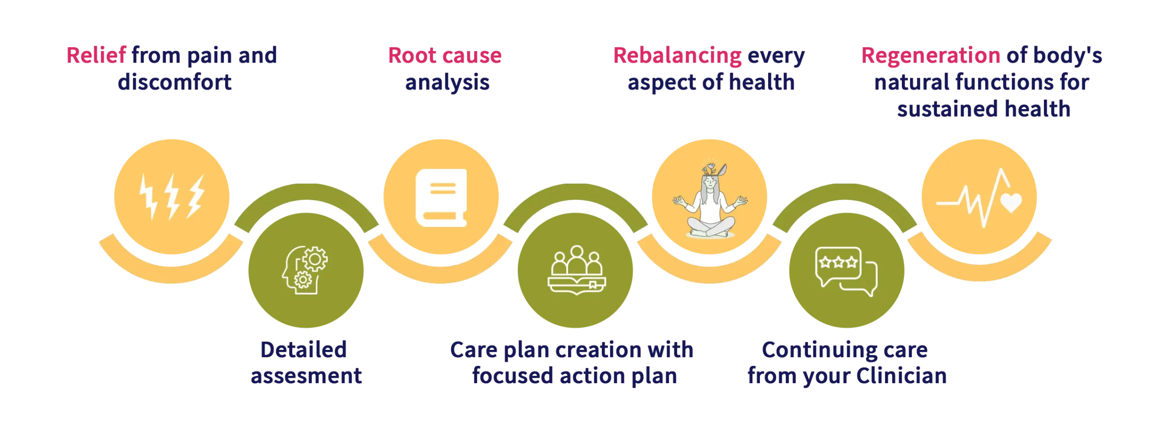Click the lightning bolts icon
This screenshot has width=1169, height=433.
pyautogui.click(x=171, y=197)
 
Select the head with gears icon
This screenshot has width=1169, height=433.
pyautogui.click(x=304, y=271)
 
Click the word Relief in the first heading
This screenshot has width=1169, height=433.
pyautogui.click(x=96, y=56)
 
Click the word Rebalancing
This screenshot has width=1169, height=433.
pyautogui.click(x=677, y=56)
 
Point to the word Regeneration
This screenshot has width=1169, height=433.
pyautogui.click(x=930, y=56)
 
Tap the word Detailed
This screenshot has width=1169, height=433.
pyautogui.click(x=304, y=350)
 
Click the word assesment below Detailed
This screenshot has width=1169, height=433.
pyautogui.click(x=306, y=376)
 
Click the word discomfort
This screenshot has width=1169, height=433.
pyautogui.click(x=175, y=83)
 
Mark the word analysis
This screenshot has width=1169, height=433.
pyautogui.click(x=448, y=83)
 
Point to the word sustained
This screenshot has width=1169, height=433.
pyautogui.click(x=941, y=109)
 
